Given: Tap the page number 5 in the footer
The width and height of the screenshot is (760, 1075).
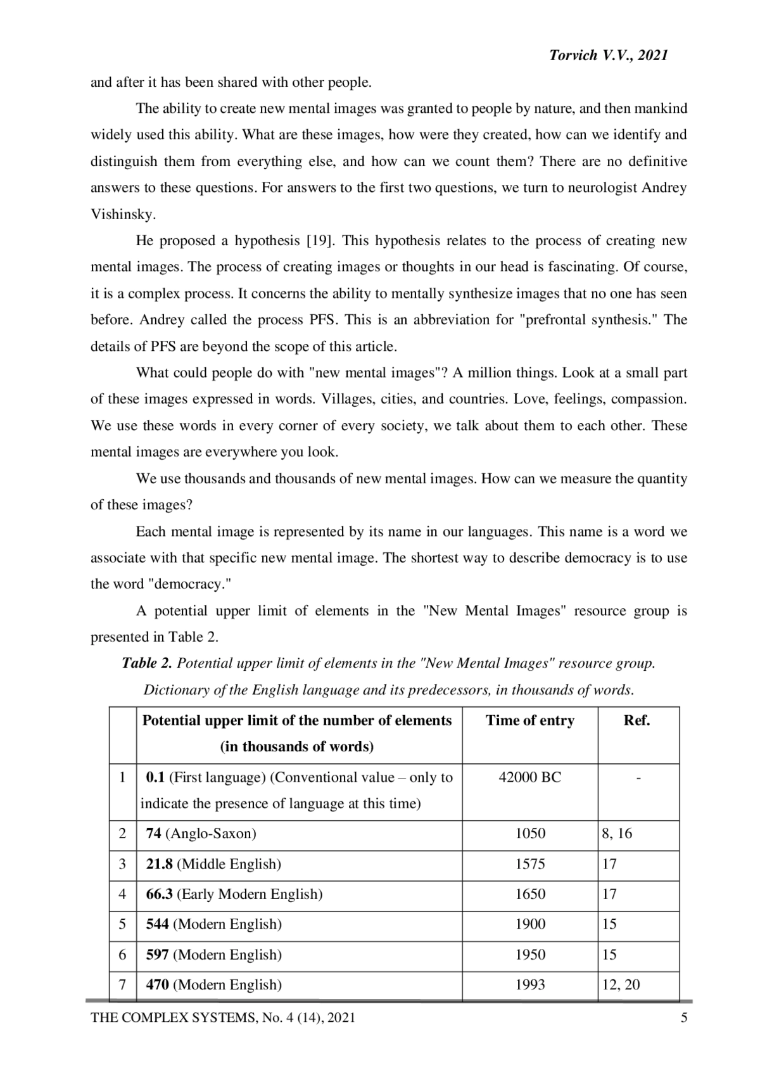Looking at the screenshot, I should click(x=683, y=1018).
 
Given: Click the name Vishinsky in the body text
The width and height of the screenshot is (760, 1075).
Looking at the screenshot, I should click(x=122, y=214).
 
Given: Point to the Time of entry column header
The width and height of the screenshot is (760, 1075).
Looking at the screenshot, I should click(x=530, y=721).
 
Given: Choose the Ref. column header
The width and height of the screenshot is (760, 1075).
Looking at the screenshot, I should click(x=637, y=721).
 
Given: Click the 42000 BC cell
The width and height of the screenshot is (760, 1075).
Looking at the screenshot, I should click(x=530, y=777).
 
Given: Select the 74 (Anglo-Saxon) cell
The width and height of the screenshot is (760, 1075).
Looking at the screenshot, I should click(x=201, y=834).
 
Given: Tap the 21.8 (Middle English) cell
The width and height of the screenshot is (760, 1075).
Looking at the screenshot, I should click(x=213, y=864).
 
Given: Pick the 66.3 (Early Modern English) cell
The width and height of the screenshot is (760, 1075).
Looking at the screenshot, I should click(x=234, y=894).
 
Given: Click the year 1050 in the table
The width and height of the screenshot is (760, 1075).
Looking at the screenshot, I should click(x=530, y=834).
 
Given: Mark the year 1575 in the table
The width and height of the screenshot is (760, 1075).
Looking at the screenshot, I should click(x=530, y=864).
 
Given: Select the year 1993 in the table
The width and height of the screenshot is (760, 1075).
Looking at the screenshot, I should click(x=530, y=985).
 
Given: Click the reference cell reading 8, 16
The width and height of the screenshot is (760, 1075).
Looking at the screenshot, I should click(x=617, y=834).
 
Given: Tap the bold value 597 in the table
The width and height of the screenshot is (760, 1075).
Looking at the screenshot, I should click(x=158, y=955).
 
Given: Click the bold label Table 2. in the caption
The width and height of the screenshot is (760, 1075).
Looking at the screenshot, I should click(x=147, y=663).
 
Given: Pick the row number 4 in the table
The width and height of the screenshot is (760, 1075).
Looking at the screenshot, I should click(x=122, y=894).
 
